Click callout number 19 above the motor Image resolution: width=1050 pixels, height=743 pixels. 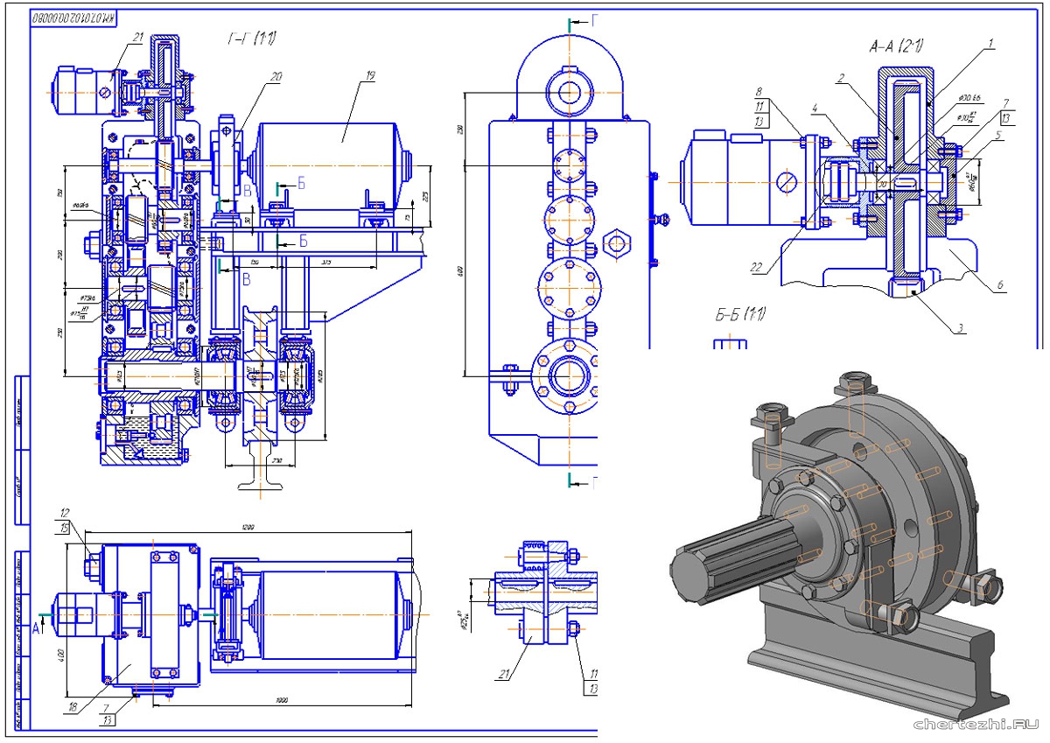(370, 77)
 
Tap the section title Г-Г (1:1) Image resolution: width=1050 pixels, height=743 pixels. (252, 39)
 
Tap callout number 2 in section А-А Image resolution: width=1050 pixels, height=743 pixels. (839, 79)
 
